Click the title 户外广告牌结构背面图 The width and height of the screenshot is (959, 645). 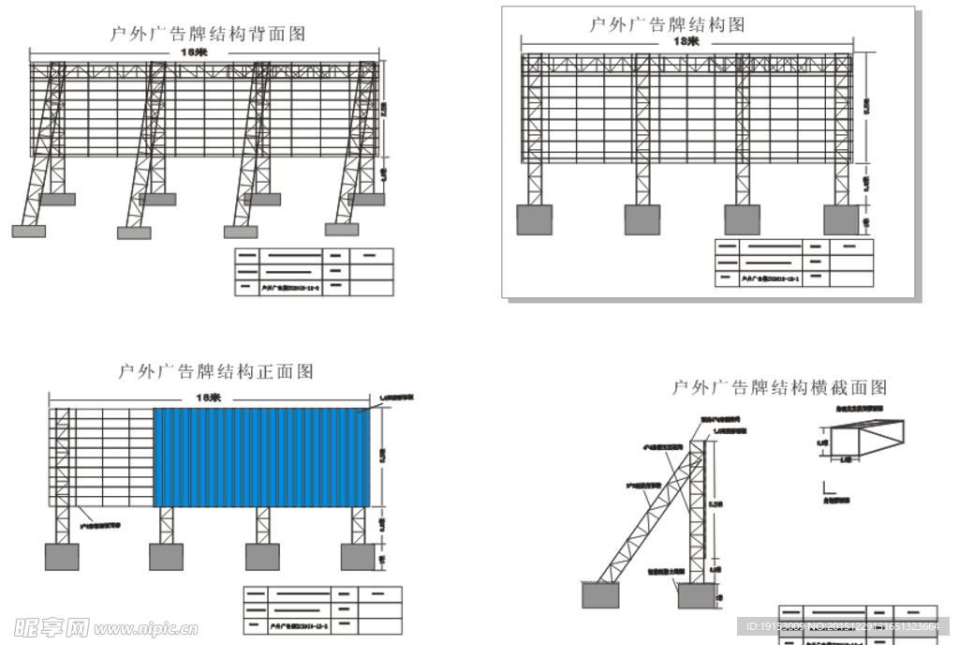point(208,35)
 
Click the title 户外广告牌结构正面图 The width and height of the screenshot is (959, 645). point(215,372)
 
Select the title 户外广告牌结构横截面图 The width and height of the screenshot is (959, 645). point(779,387)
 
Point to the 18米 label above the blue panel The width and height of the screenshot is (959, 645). point(207,397)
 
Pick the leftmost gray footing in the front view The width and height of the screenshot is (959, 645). point(62,557)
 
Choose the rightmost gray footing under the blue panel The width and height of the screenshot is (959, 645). point(357,557)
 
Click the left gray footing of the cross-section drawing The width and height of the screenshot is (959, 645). point(599,594)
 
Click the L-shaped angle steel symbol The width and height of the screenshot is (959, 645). point(829,488)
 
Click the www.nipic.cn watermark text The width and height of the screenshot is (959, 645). point(149,627)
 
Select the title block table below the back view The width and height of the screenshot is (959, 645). point(314,272)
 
